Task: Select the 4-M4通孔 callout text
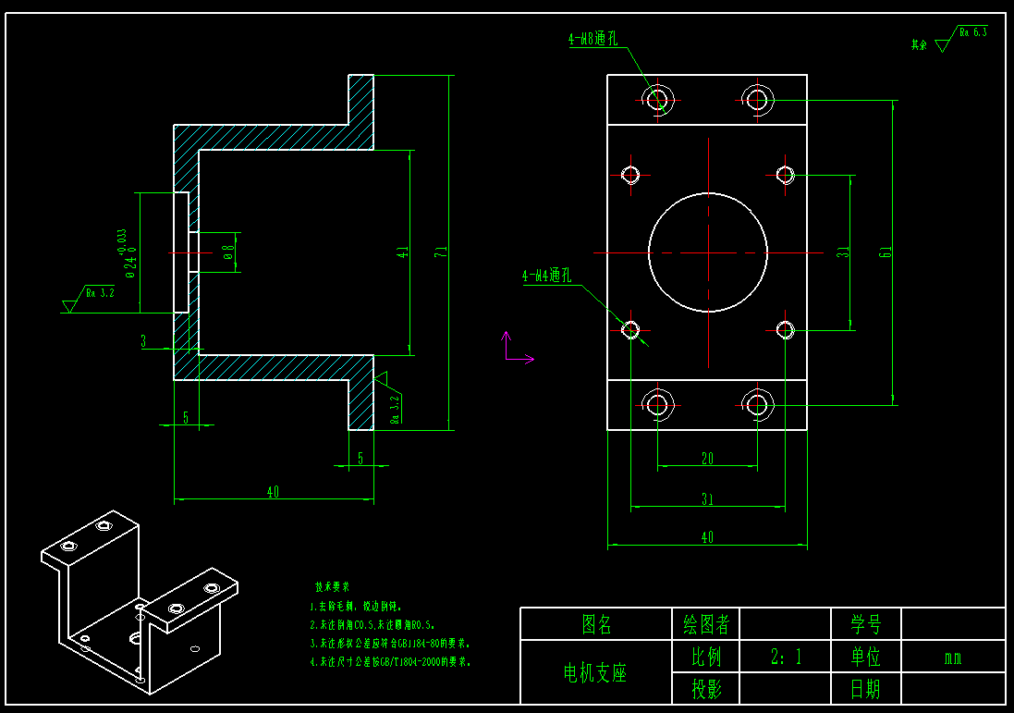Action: pyautogui.click(x=547, y=276)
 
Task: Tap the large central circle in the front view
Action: pyautogui.click(x=708, y=252)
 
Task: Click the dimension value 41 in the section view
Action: pyautogui.click(x=403, y=252)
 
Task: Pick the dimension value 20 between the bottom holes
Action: pyautogui.click(x=708, y=458)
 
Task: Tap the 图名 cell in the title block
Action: pyautogui.click(x=596, y=624)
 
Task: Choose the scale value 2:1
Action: pyautogui.click(x=786, y=657)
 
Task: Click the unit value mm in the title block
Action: pyautogui.click(x=952, y=658)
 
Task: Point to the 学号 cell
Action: pyautogui.click(x=865, y=624)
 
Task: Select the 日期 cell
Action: pyautogui.click(x=865, y=688)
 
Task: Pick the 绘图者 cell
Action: pyautogui.click(x=705, y=624)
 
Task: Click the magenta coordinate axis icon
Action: pyautogui.click(x=514, y=350)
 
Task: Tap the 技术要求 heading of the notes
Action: pyautogui.click(x=332, y=586)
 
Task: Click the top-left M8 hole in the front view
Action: pyautogui.click(x=658, y=97)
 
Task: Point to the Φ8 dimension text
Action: pyautogui.click(x=228, y=252)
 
